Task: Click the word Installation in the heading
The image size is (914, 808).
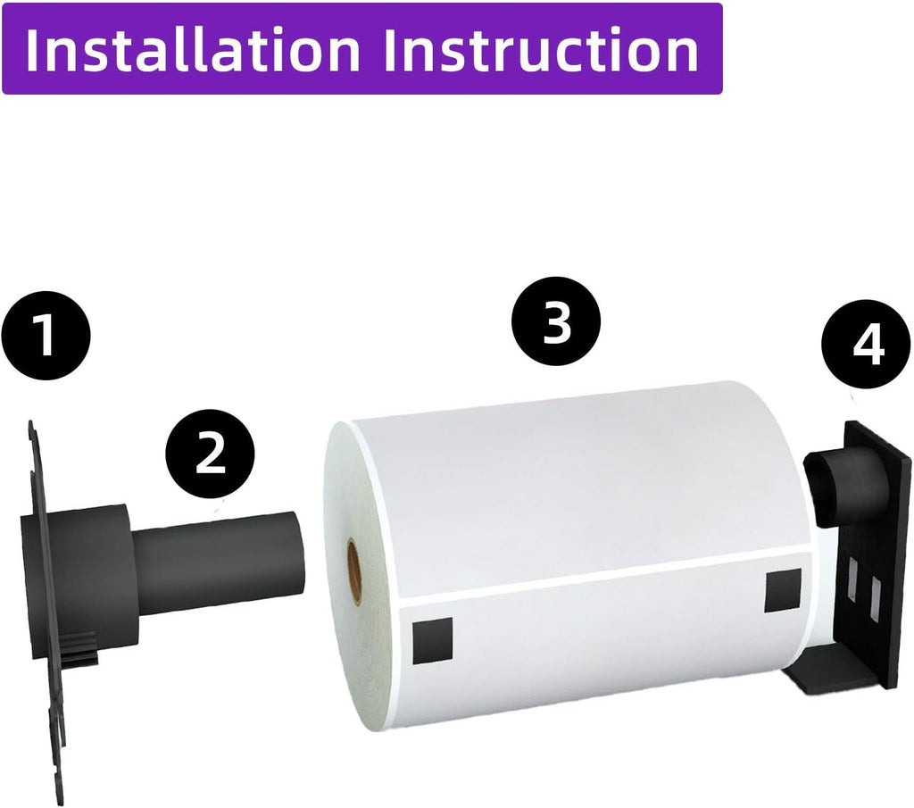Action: tap(193, 49)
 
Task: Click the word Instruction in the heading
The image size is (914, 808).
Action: tap(541, 49)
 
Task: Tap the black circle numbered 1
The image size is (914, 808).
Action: tap(46, 336)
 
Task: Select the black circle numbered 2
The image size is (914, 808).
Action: tap(211, 454)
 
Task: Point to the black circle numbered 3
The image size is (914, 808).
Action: tap(556, 321)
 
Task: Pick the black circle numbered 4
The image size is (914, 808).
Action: tap(866, 345)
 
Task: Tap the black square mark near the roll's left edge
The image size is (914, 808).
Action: tap(433, 640)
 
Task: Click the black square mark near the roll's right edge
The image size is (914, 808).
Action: tap(783, 591)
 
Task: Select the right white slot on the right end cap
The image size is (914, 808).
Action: tap(875, 597)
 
